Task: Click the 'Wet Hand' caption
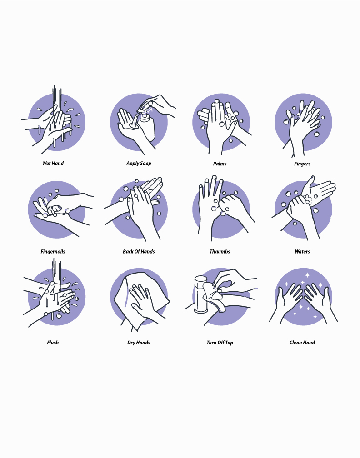[x=53, y=163]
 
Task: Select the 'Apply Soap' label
[x=139, y=163]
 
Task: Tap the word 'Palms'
[x=220, y=164]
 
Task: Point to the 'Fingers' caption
[x=302, y=164]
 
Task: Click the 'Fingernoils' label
[x=53, y=252]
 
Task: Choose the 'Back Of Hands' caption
[x=139, y=252]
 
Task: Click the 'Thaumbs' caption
[x=220, y=252]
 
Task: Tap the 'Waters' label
[x=302, y=252]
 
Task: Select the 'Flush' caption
[x=53, y=343]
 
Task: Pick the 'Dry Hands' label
[x=139, y=343]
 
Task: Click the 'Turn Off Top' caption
[x=220, y=343]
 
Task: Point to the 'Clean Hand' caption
[x=302, y=343]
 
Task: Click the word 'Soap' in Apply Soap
[x=145, y=163]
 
